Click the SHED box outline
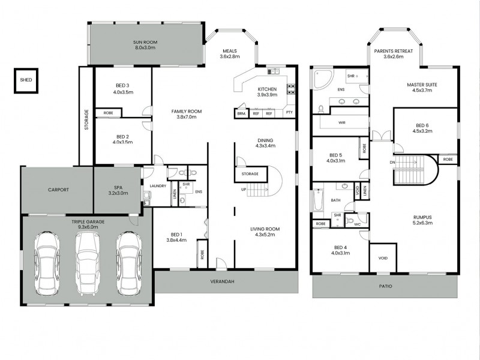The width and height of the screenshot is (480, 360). (x=14, y=80)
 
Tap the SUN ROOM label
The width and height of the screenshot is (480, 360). (x=145, y=42)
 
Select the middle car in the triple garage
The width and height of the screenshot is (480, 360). (x=88, y=263)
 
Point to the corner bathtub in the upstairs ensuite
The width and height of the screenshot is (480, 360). (x=322, y=79)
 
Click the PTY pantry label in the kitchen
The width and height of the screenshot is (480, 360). (x=289, y=112)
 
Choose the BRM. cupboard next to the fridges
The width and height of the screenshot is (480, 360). (x=242, y=113)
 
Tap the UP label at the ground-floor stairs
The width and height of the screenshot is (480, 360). (x=244, y=190)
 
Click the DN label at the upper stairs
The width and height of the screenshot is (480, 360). (x=392, y=163)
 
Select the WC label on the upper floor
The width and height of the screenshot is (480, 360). (x=357, y=224)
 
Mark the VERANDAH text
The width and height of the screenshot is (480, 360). (x=222, y=281)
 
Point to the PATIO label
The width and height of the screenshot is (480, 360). (x=385, y=286)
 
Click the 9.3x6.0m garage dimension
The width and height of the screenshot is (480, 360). (x=88, y=227)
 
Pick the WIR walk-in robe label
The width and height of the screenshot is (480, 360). (x=342, y=122)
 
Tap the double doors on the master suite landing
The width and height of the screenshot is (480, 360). (x=382, y=136)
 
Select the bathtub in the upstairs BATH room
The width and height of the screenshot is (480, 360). (x=319, y=200)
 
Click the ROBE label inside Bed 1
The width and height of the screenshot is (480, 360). (x=202, y=254)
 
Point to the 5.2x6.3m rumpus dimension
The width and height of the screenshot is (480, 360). (x=423, y=223)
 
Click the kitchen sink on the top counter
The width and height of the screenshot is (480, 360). (x=274, y=71)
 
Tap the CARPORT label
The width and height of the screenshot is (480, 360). (x=58, y=190)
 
